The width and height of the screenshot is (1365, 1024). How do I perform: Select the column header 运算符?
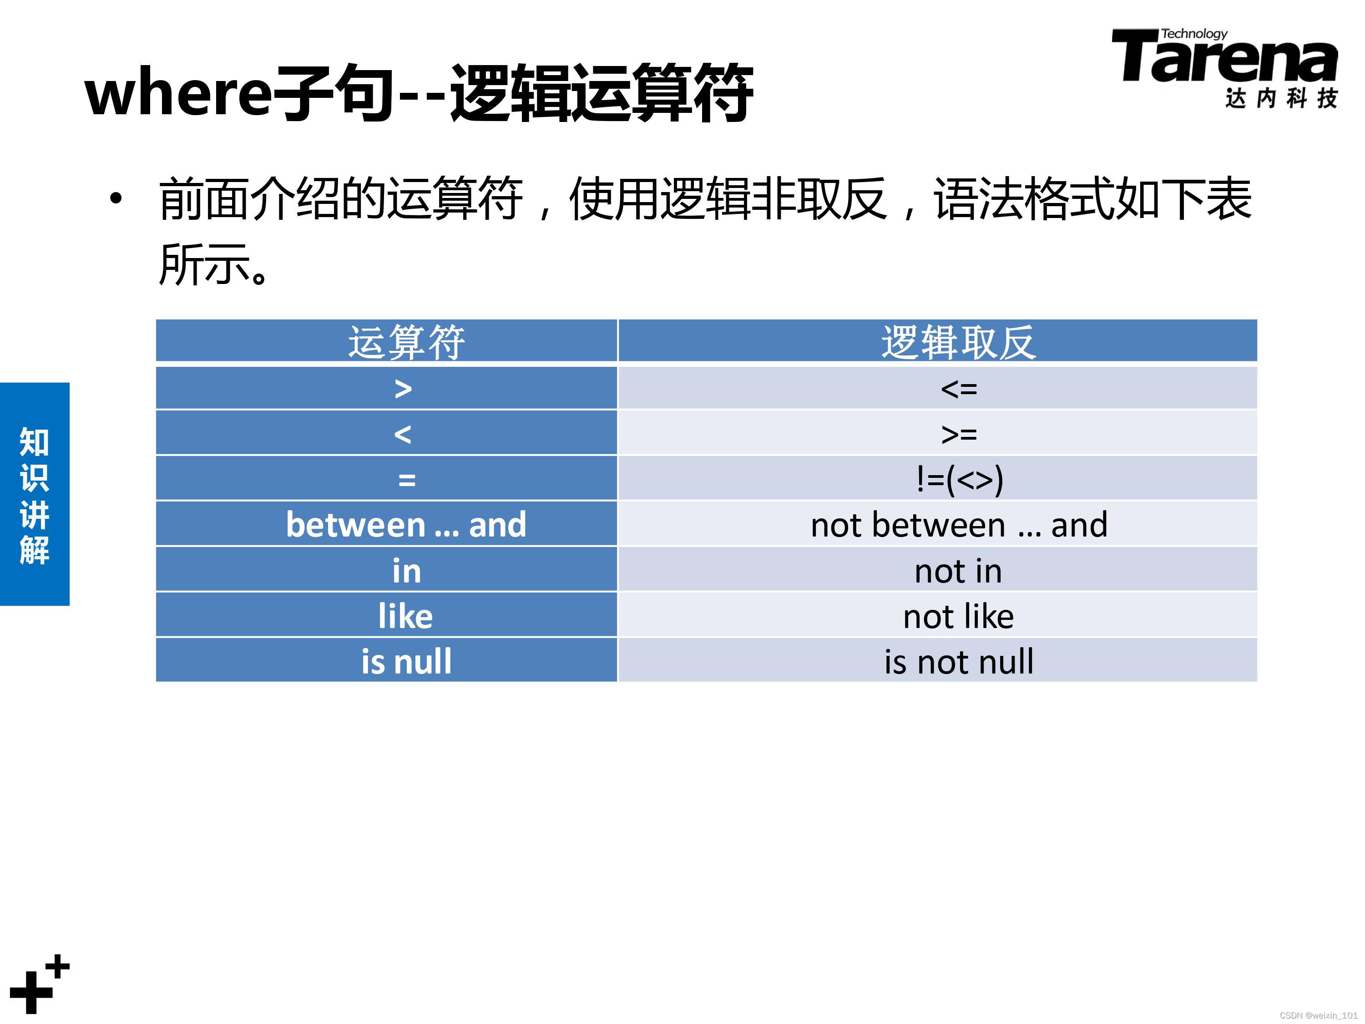tap(405, 341)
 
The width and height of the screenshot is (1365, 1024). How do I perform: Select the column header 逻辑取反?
tap(958, 341)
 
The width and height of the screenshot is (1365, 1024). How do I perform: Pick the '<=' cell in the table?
tap(958, 389)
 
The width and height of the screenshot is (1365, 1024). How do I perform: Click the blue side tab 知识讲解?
tap(35, 494)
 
